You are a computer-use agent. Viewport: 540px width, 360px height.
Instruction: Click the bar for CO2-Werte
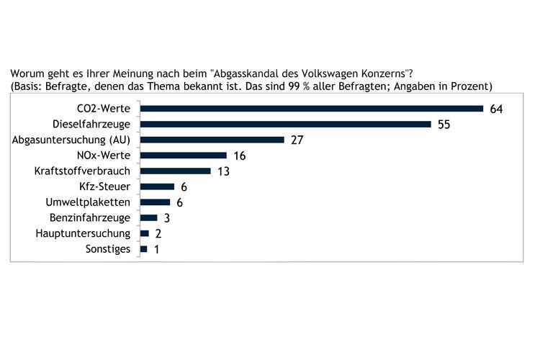(x=311, y=109)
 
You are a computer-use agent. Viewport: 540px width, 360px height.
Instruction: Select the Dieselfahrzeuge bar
(x=285, y=125)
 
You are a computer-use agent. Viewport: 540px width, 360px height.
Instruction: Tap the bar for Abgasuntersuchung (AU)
(x=212, y=140)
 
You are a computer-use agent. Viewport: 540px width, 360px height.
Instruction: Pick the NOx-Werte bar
(x=184, y=156)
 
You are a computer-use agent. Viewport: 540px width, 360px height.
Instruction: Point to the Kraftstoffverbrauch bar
(x=176, y=171)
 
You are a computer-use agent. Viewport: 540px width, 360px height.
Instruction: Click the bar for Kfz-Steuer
(x=157, y=186)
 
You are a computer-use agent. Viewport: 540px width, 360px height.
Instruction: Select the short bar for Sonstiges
(x=144, y=249)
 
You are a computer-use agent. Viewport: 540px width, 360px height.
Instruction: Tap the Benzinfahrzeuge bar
(x=149, y=217)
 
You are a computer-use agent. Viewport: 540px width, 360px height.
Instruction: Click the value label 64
(x=495, y=109)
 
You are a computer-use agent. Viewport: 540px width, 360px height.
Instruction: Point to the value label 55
(x=444, y=125)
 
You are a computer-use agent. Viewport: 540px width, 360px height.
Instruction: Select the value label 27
(x=297, y=140)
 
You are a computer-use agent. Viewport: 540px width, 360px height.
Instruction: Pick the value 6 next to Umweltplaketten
(x=179, y=202)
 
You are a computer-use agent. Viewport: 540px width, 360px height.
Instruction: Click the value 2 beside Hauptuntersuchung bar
(x=158, y=233)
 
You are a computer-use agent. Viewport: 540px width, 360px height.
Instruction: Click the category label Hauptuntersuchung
(x=84, y=233)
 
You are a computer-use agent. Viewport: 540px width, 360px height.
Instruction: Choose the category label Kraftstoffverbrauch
(x=83, y=171)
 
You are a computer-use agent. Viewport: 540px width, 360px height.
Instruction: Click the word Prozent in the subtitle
(x=469, y=86)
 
